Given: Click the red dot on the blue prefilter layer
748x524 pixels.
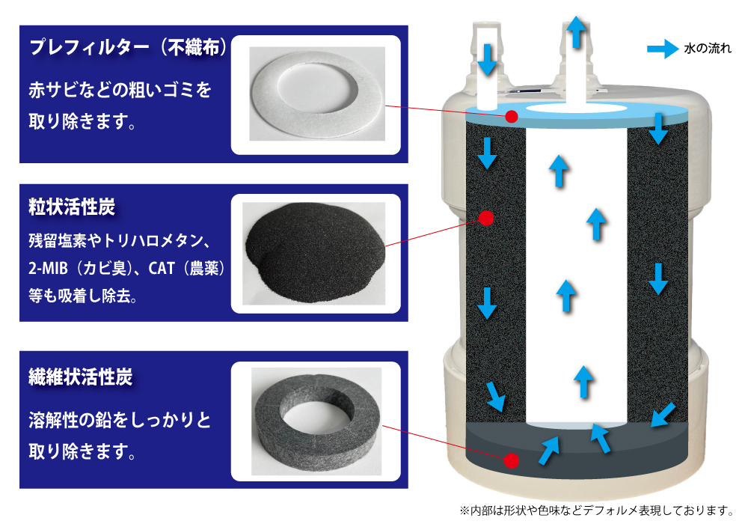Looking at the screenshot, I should (512, 116).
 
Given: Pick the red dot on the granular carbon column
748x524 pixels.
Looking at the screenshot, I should (485, 218).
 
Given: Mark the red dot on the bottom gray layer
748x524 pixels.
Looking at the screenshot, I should (512, 460).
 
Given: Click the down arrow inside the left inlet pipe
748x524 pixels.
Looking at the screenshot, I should (487, 59).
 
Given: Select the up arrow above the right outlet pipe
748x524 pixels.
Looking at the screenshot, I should (575, 31).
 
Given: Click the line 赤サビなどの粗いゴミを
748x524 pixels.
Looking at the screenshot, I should (120, 91).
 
